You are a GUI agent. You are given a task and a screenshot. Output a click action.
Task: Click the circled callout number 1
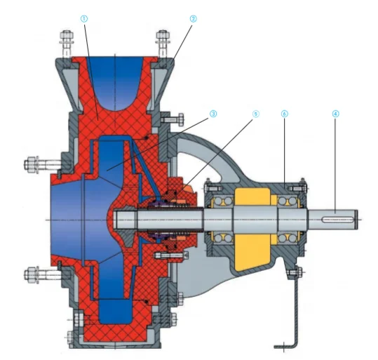tap(84, 19)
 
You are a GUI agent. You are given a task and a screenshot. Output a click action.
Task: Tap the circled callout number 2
tap(193, 19)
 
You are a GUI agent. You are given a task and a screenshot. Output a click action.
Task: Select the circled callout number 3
tap(213, 114)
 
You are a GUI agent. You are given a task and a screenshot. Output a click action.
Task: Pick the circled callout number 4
tap(335, 114)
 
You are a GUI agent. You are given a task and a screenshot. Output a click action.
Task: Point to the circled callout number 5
tap(255, 114)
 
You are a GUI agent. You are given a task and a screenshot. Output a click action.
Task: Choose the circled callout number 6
tap(285, 114)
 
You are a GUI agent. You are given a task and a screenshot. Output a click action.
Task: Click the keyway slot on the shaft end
tap(337, 220)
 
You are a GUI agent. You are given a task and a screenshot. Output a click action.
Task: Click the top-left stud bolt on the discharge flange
tap(67, 44)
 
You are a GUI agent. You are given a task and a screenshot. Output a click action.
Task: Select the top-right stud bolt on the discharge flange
tap(163, 44)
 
